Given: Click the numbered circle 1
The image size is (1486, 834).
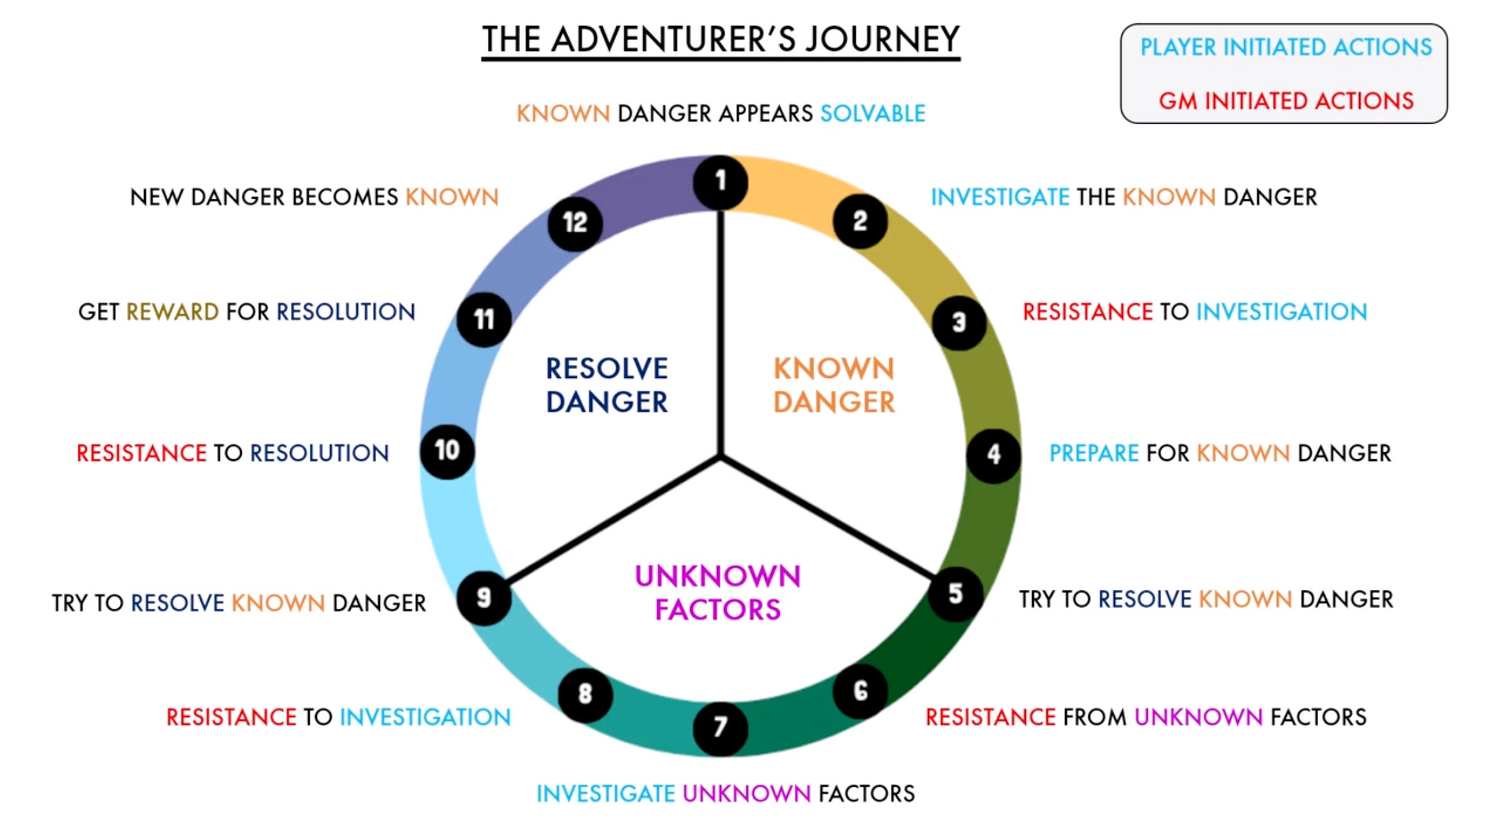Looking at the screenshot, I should click(x=720, y=182).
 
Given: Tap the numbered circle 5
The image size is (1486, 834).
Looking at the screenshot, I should click(x=956, y=594).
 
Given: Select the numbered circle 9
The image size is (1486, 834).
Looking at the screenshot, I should click(x=484, y=597).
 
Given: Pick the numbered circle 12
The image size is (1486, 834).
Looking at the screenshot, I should click(x=575, y=223).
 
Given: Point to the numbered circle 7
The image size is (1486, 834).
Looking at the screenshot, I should click(x=720, y=728).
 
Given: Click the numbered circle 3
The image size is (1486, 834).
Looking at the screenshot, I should click(x=959, y=323).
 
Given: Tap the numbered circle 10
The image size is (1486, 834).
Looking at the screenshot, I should click(x=447, y=451).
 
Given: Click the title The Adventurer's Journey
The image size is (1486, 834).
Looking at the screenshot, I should click(x=720, y=39).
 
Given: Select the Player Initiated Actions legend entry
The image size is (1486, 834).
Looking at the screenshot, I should click(x=1286, y=47).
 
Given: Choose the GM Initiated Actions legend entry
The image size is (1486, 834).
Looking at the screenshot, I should click(x=1286, y=101).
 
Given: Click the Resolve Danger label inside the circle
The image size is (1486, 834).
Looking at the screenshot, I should click(x=607, y=385).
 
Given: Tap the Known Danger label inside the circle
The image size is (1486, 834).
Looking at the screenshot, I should click(x=834, y=385).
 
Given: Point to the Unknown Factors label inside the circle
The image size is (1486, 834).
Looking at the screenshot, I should click(x=718, y=592).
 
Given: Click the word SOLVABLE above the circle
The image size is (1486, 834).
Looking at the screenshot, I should click(x=872, y=114).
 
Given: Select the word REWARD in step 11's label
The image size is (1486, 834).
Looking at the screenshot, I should click(x=172, y=312).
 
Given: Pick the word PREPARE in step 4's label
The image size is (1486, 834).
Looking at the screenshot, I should click(x=1093, y=453).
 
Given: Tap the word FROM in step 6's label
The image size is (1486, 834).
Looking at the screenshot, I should click(x=1095, y=717).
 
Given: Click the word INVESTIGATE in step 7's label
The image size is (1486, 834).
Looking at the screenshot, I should click(x=605, y=794).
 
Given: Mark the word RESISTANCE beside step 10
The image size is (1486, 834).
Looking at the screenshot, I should click(x=141, y=453).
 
